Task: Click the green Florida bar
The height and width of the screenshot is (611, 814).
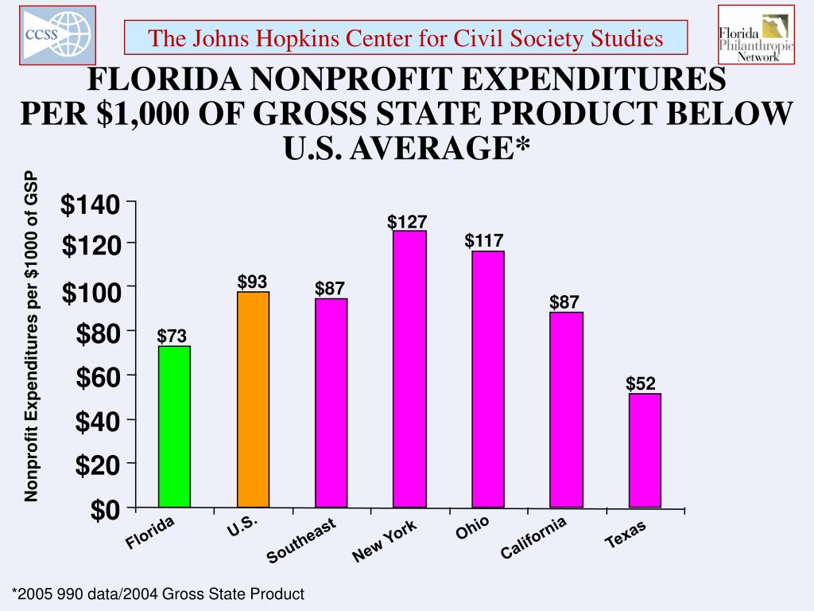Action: pos(174,426)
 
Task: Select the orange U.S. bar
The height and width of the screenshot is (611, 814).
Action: pos(253,399)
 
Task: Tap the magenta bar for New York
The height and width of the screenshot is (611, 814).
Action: pos(409,369)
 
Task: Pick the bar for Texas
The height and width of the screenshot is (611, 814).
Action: pos(645,450)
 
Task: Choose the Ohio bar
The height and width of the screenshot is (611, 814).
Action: pos(487,379)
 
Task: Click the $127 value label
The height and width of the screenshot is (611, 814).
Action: pos(408,222)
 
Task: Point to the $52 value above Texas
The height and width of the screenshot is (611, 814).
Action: pos(641,384)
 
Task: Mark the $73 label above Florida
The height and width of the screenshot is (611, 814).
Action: pos(172,337)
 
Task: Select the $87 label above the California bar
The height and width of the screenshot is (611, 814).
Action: pos(564,302)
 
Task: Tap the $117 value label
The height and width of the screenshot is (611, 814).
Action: pos(484,240)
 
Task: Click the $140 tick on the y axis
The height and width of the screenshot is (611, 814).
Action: pos(91,206)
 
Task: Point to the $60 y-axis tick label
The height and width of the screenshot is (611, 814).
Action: pos(98,378)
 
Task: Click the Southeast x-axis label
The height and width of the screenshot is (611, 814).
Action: pos(301,540)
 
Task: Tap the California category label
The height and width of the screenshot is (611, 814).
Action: pos(533,537)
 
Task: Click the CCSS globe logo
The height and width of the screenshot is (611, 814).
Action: pos(57,35)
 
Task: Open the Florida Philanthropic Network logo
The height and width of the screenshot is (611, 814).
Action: pos(755,34)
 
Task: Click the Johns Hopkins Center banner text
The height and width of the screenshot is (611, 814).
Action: pos(406,37)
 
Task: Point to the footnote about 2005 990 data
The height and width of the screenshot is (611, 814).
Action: pos(157,593)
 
